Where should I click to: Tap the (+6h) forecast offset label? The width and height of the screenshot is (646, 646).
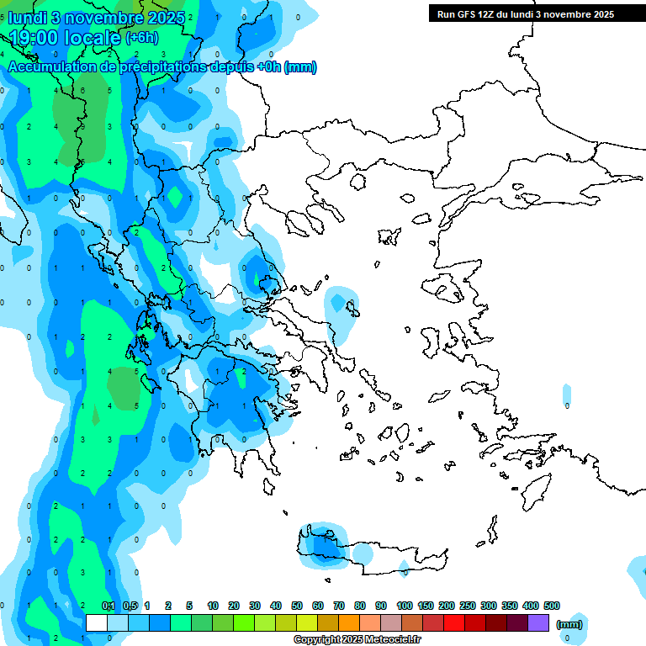[x=141, y=38]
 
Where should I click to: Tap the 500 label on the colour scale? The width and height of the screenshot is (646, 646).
[x=552, y=606]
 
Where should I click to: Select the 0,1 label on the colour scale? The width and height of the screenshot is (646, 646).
[x=109, y=606]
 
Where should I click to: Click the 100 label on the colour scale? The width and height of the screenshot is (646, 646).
[x=405, y=606]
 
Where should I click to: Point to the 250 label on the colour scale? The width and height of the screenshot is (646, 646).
[x=468, y=606]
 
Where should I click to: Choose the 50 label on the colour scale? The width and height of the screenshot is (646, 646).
[x=297, y=606]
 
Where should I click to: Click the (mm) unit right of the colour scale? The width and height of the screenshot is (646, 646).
[x=569, y=624]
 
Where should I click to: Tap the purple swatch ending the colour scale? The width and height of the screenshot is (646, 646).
[x=538, y=623]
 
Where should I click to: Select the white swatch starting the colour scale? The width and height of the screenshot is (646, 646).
[x=97, y=623]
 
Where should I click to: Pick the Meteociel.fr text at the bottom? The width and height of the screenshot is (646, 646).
[x=384, y=640]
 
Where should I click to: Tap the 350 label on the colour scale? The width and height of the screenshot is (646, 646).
[x=510, y=606]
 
